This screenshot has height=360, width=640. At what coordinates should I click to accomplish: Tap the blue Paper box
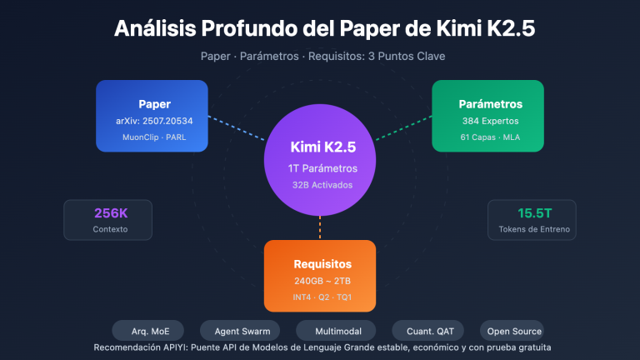tap(152, 116)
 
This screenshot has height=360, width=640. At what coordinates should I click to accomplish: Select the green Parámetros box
tap(487, 116)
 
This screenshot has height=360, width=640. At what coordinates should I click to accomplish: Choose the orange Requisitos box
tap(320, 275)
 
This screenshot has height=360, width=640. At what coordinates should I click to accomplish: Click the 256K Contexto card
tap(108, 219)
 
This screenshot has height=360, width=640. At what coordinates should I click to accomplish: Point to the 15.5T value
tap(530, 212)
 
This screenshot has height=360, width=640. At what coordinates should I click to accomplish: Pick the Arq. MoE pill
tap(147, 330)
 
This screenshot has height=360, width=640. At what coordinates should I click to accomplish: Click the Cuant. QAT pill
tap(424, 330)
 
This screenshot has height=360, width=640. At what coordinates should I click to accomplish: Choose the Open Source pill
tap(511, 330)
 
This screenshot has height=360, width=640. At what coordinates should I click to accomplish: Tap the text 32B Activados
tap(320, 185)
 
